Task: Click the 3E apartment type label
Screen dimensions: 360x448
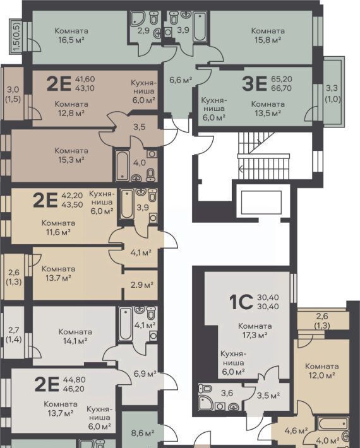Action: click(254, 84)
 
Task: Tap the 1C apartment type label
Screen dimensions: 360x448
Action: click(241, 302)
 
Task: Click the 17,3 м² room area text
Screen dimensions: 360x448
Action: click(255, 334)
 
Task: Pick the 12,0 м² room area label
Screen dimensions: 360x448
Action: click(321, 375)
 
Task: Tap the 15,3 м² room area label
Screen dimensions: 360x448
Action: click(71, 160)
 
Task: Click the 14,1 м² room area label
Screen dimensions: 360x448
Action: click(75, 341)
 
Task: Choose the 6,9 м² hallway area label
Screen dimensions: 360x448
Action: click(145, 374)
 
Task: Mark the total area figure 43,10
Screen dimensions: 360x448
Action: click(85, 88)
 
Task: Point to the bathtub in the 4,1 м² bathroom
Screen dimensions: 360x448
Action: click(126, 324)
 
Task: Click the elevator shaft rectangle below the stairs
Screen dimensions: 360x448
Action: click(261, 203)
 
